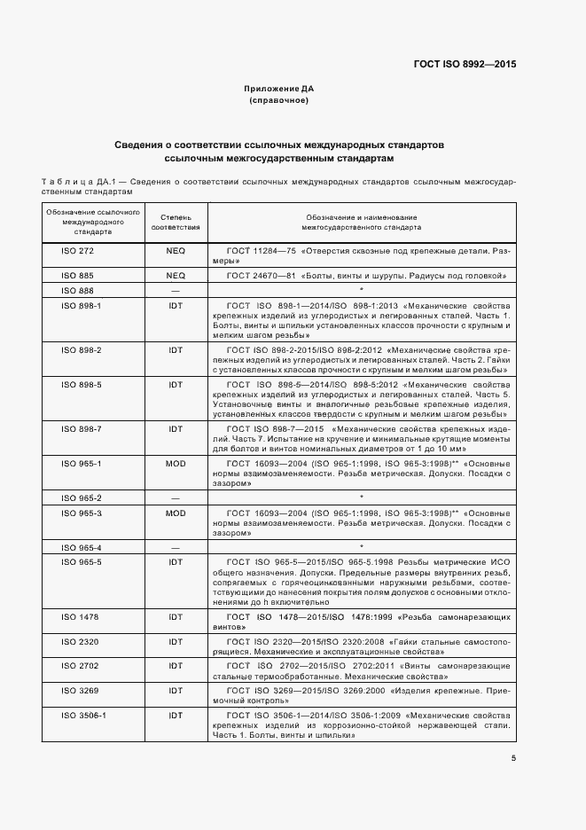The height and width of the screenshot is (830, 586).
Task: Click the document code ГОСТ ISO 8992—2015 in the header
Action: (x=465, y=65)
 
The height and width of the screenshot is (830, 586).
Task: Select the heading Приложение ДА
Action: (x=278, y=90)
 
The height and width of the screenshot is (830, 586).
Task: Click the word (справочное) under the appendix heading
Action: (x=278, y=101)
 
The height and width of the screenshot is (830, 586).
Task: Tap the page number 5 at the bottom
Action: (x=513, y=758)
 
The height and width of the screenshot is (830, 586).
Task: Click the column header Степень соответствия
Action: (x=176, y=222)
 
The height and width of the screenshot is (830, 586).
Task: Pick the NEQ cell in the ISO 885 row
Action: (x=176, y=276)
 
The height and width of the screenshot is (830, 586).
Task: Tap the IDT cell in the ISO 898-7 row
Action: (x=176, y=429)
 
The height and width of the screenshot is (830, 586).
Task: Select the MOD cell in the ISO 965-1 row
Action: (x=176, y=464)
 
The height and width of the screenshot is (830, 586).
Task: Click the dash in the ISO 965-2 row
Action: (x=176, y=498)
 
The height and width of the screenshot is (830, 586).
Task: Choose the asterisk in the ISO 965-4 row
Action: (x=362, y=548)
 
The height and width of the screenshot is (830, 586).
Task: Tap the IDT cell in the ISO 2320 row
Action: (x=176, y=640)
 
